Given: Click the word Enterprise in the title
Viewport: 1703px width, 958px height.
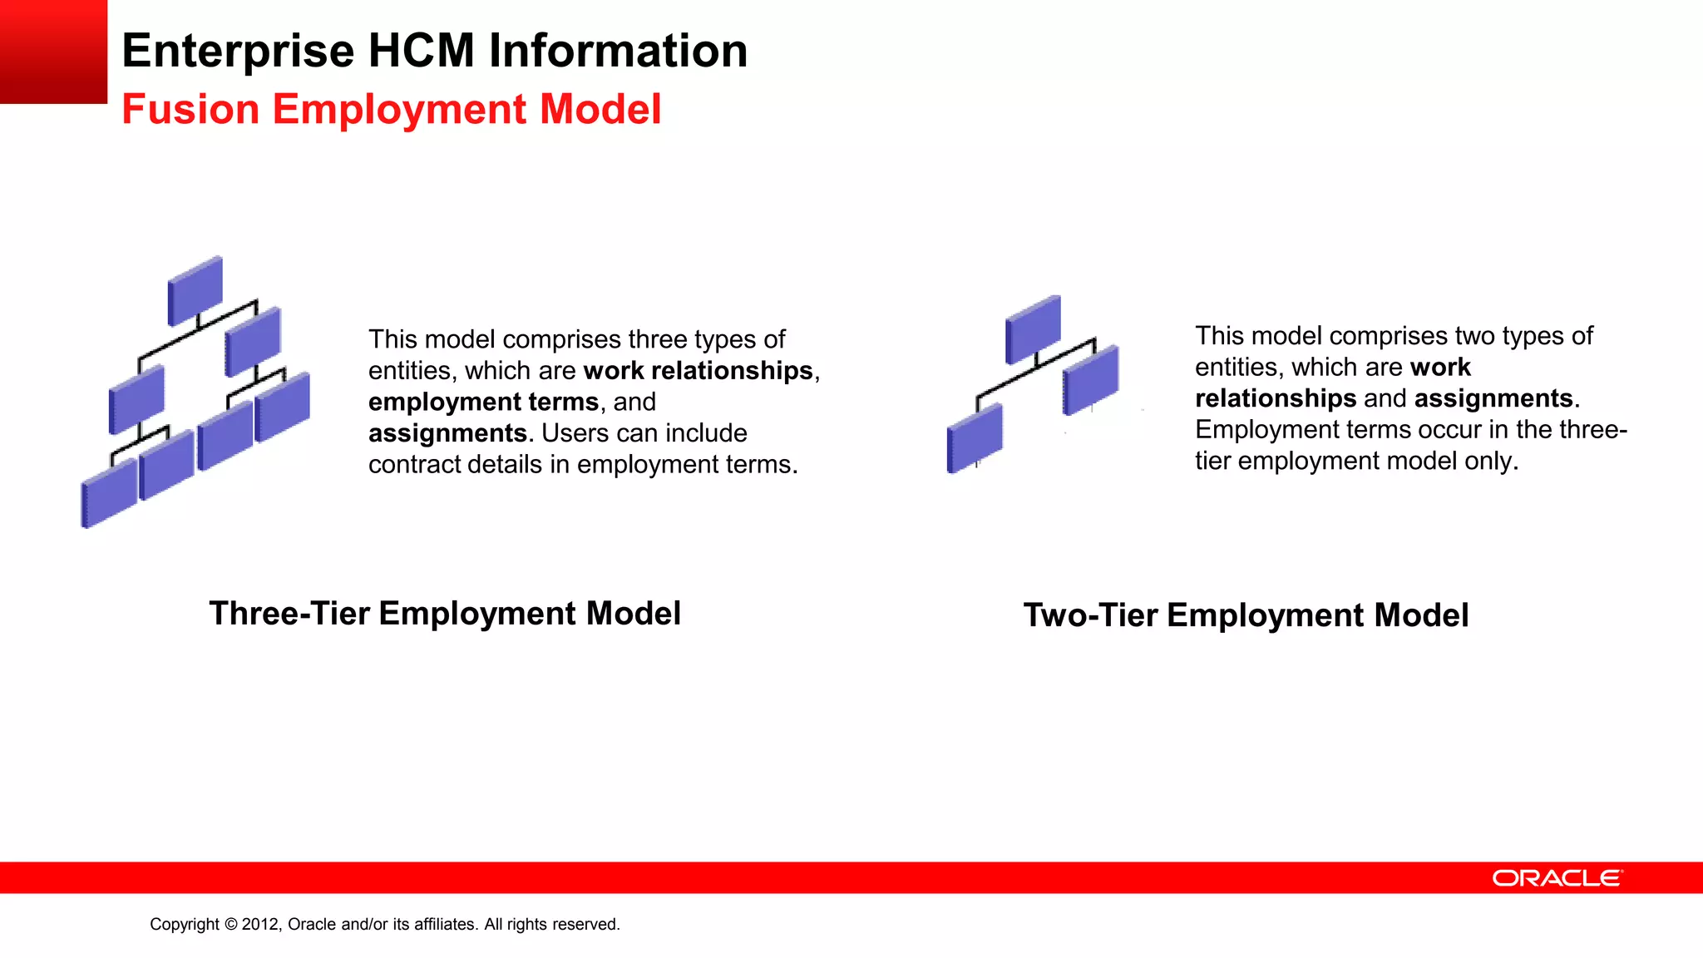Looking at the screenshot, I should [x=238, y=52].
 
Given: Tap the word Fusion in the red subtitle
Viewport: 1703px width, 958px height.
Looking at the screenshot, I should [x=190, y=110].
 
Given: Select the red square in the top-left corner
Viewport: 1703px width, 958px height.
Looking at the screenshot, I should [x=53, y=52].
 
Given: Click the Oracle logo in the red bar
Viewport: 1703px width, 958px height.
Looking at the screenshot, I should [x=1557, y=878].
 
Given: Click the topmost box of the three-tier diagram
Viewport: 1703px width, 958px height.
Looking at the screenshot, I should [x=195, y=290].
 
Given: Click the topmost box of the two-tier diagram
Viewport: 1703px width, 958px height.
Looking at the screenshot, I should [x=1033, y=329].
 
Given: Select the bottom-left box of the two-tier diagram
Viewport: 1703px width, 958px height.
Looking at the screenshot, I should [x=975, y=438].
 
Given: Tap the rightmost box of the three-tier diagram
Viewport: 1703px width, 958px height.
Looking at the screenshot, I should [x=283, y=406].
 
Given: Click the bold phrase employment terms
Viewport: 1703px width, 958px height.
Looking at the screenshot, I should [x=483, y=402].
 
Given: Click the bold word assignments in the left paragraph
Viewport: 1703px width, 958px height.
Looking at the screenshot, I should [x=447, y=434].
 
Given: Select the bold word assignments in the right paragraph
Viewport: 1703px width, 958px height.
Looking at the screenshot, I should [x=1493, y=399].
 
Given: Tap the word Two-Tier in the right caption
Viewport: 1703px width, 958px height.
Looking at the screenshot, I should [x=1090, y=616].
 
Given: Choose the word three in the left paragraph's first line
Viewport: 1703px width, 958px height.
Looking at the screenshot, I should [x=656, y=340].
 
